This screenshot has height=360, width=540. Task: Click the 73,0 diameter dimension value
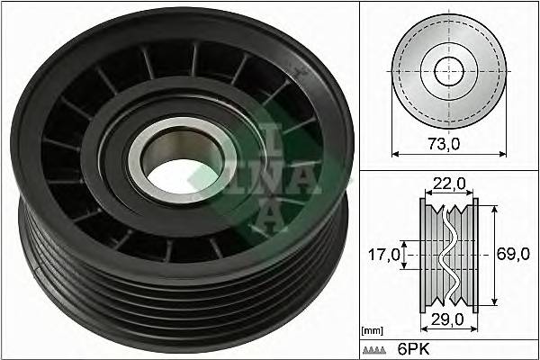click(x=447, y=142)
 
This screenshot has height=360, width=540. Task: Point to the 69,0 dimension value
click(x=513, y=255)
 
